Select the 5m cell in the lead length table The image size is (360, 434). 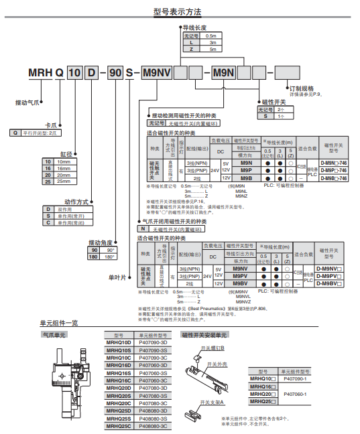(213, 50)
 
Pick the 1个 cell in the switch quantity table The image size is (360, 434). (280, 116)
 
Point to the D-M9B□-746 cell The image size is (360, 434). (333, 179)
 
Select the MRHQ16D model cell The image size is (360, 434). (118, 365)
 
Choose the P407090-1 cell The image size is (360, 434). (295, 378)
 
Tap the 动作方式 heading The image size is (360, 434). (76, 200)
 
